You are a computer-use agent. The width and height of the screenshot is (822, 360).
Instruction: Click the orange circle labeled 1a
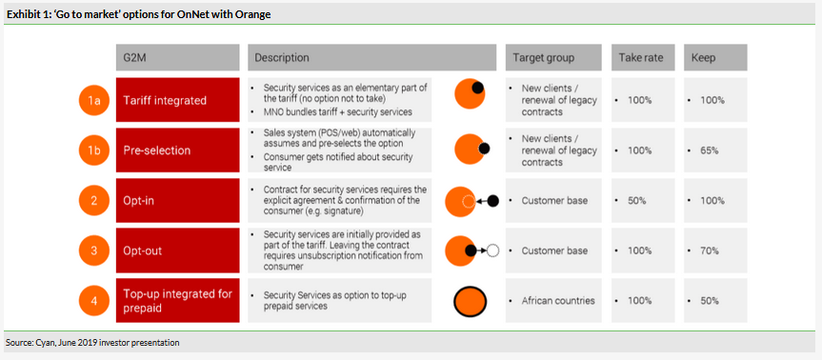tap(94, 100)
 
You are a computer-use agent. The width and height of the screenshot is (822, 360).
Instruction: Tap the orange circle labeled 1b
tap(94, 150)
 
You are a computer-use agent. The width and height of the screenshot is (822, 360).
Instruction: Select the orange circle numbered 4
tap(94, 301)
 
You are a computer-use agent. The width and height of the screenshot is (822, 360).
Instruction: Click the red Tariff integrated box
tap(178, 100)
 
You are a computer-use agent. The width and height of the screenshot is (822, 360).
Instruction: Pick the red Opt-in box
tap(178, 201)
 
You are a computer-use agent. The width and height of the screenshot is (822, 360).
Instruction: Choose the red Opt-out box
tap(178, 250)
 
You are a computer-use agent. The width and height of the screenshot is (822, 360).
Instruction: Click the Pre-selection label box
tap(178, 150)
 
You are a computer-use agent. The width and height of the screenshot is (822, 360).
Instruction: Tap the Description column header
tap(372, 58)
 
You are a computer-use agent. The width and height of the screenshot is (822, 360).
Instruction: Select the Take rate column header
tap(643, 58)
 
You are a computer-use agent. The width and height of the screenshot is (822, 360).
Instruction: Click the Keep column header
tap(715, 58)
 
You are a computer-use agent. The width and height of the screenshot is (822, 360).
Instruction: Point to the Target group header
tap(554, 58)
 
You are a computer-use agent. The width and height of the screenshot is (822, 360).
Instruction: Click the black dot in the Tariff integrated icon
tap(477, 88)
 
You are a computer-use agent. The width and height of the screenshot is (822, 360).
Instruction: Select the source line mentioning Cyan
tap(92, 343)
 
